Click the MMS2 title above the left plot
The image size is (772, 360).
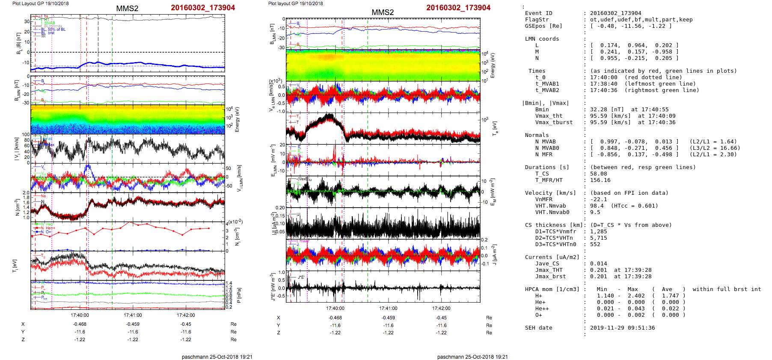click(x=127, y=9)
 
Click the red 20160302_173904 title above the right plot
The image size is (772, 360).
click(x=458, y=8)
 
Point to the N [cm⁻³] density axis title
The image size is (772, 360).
click(x=17, y=207)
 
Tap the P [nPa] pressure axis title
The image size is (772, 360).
click(x=239, y=295)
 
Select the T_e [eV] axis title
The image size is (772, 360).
click(x=495, y=128)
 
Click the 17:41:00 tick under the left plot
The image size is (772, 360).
click(x=133, y=315)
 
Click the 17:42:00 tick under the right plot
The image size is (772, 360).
click(x=441, y=308)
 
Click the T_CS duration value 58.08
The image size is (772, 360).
click(x=598, y=174)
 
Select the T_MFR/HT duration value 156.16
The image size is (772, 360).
click(x=600, y=180)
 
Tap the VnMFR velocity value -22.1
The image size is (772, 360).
click(x=598, y=199)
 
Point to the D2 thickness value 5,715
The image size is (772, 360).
click(x=598, y=238)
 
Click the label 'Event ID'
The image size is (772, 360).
click(x=538, y=13)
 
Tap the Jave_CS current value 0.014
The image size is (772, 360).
click(x=598, y=264)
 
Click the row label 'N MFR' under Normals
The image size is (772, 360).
click(x=543, y=155)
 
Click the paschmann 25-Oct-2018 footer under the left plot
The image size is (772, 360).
click(x=217, y=357)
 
